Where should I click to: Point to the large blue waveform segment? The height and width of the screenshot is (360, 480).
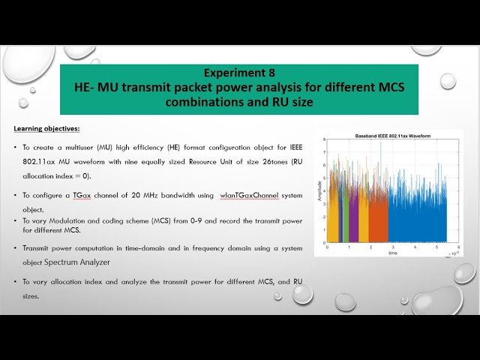pyautogui.click(x=416, y=221)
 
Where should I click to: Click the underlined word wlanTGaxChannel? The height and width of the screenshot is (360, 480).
pyautogui.click(x=253, y=195)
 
